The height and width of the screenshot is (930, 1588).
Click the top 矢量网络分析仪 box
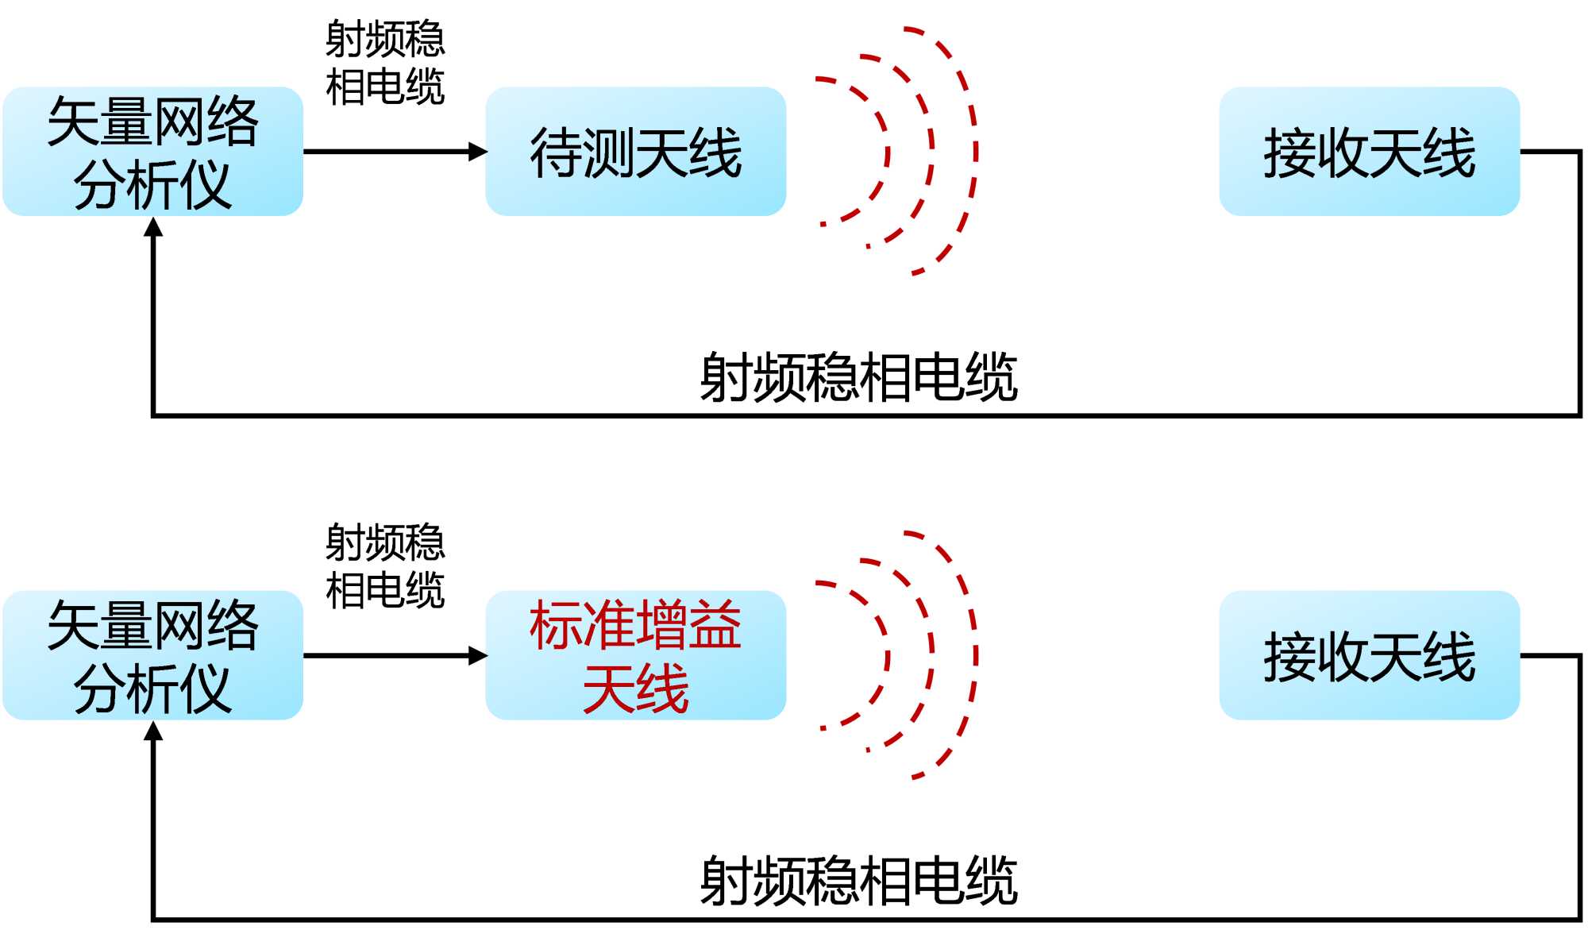coord(152,151)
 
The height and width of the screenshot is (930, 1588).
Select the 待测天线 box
coord(635,151)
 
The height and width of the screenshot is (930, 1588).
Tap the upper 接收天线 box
coord(1369,151)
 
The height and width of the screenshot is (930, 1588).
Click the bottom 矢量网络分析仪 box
coord(152,655)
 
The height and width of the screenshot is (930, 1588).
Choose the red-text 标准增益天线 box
coord(635,655)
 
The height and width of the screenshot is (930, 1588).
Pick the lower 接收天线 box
coord(1369,655)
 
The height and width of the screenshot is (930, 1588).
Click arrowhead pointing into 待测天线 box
coord(478,151)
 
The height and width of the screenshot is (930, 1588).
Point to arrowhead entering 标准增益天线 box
coord(478,655)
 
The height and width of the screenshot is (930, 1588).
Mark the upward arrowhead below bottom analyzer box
coord(153,731)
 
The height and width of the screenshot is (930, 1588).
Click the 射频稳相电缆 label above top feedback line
coord(858,377)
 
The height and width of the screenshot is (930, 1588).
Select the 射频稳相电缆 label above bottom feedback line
coord(858,881)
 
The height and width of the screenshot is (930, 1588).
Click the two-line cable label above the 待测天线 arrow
coord(385,63)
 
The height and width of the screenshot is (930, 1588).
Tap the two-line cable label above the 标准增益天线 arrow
coord(385,566)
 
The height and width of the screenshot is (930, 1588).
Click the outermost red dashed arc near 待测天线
coord(975,151)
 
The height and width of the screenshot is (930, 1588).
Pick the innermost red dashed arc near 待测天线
coord(887,151)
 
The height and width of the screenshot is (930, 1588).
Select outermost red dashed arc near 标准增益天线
coord(975,655)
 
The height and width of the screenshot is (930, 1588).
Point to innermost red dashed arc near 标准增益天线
coord(887,655)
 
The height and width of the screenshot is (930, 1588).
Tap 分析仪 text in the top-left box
coord(152,185)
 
